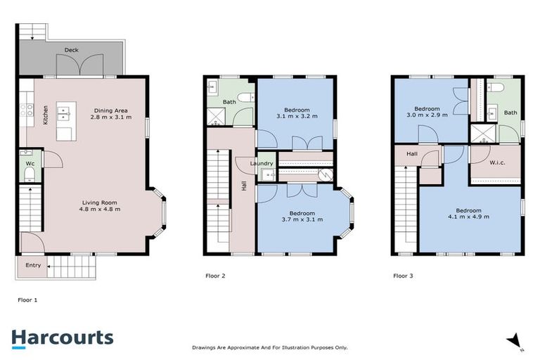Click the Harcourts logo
62,337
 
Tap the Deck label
71,51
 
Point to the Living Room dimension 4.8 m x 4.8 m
98,209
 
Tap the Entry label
33,266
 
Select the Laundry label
262,164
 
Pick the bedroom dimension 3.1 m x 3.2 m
296,117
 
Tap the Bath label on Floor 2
229,101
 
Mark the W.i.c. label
495,162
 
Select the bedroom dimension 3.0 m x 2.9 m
426,115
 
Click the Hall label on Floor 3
412,153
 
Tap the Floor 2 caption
214,276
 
